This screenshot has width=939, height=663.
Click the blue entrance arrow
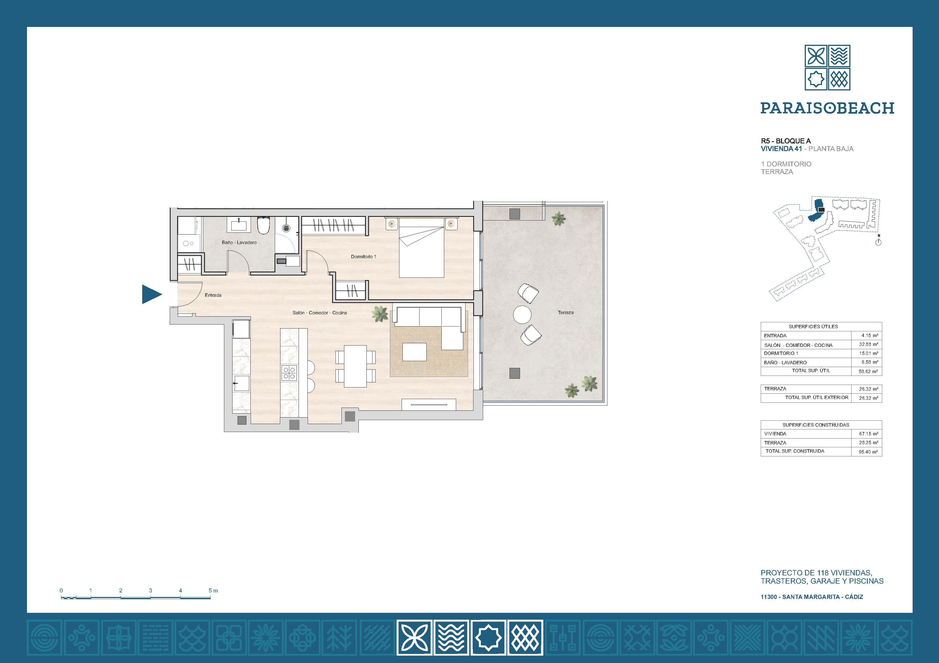151,294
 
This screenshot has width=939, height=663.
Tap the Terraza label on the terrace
566,312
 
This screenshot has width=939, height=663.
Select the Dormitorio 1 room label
363,257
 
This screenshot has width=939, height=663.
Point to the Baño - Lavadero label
239,242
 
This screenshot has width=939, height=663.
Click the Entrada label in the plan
213,295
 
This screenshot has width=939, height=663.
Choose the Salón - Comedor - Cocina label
319,312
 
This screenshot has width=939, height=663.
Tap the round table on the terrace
522,315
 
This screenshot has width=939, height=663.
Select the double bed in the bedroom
422,248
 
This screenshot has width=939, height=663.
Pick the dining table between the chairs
355,366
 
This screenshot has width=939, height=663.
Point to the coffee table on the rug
414,352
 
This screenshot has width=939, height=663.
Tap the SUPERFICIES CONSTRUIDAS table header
816,425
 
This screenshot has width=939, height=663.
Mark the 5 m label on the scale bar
213,590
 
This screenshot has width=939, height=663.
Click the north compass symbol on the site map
878,241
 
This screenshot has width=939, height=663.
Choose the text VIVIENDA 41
781,149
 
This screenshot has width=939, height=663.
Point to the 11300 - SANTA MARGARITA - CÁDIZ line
812,597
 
